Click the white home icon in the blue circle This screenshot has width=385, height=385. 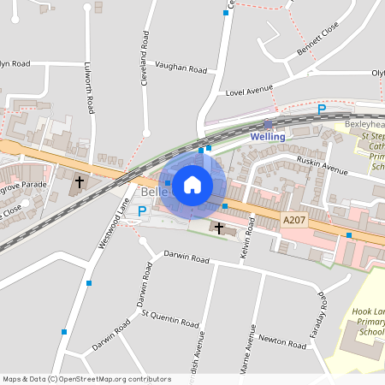point(192,184)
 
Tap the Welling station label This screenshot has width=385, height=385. point(267,137)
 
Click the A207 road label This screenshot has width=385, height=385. point(293,220)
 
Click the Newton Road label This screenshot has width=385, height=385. point(283,341)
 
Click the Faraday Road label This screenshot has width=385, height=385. point(323,313)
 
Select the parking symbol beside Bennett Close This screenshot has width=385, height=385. point(322,109)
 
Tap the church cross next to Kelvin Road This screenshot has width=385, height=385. point(219,228)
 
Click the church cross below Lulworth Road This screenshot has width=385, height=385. point(80,182)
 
